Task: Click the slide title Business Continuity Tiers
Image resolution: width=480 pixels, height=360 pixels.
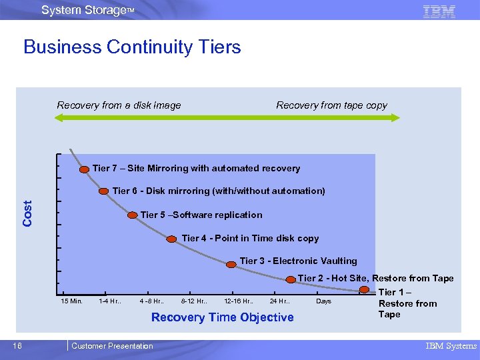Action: (x=132, y=47)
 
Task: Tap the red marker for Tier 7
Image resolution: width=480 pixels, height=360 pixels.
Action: (x=85, y=169)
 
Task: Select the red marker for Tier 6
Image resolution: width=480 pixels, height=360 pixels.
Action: (x=104, y=191)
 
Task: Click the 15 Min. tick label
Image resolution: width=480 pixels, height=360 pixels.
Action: (x=71, y=301)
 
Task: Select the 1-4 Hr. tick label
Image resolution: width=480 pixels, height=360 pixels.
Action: (x=109, y=301)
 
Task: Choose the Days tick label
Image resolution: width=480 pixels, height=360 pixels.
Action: (x=323, y=301)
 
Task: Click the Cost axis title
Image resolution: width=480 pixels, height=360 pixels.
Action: (x=28, y=213)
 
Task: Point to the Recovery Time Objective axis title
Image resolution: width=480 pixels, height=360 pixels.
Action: (x=222, y=317)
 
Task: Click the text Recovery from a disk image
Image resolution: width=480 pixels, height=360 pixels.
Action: (x=119, y=105)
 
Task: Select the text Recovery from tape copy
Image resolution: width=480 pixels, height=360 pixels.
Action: (x=331, y=105)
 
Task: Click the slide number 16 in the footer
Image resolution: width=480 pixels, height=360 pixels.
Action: (x=17, y=345)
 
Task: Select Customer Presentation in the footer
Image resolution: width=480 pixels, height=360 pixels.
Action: (x=112, y=346)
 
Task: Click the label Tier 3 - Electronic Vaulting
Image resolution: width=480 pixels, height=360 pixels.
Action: (x=298, y=261)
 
